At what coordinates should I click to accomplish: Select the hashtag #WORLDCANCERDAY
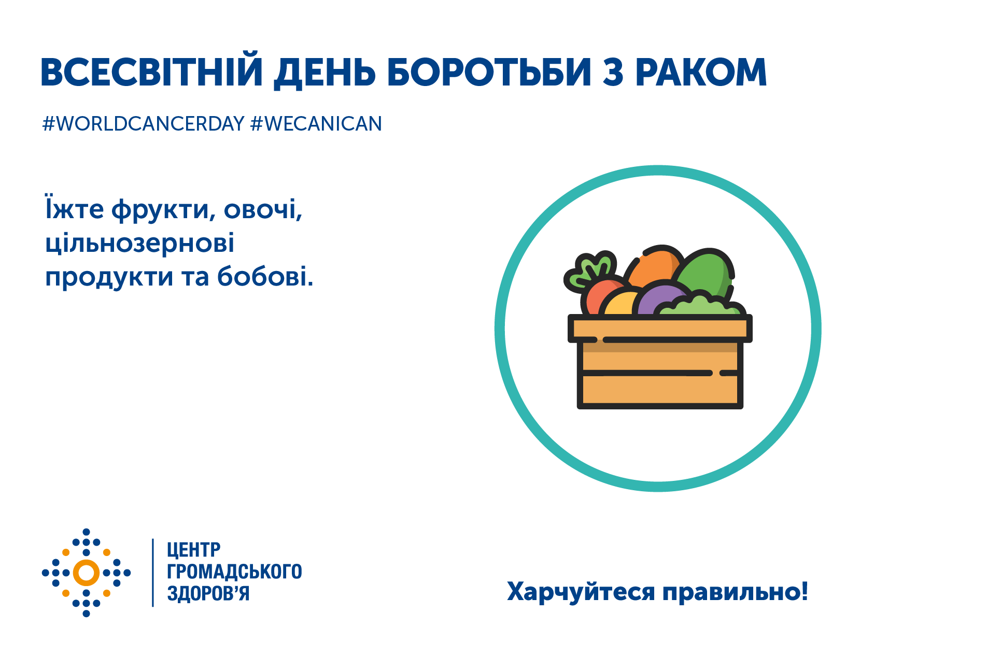tap(143, 124)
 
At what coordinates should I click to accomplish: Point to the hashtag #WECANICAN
tap(316, 124)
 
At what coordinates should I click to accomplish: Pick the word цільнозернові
tap(140, 243)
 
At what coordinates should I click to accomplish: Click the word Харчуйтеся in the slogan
tap(581, 591)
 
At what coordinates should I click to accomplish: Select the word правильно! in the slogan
tap(735, 591)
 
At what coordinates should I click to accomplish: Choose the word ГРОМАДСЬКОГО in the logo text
tap(234, 572)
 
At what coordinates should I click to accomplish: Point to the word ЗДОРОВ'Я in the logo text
tap(208, 593)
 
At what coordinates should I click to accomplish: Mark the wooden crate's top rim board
tap(660, 329)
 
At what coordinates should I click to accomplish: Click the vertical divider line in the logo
tap(153, 572)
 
